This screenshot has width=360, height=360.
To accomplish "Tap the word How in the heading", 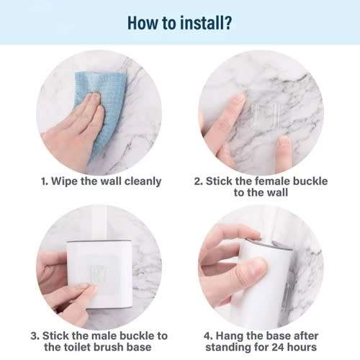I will [143, 21].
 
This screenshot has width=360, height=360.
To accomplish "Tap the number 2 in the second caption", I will [198, 181].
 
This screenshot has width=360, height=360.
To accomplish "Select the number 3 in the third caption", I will [35, 336].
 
